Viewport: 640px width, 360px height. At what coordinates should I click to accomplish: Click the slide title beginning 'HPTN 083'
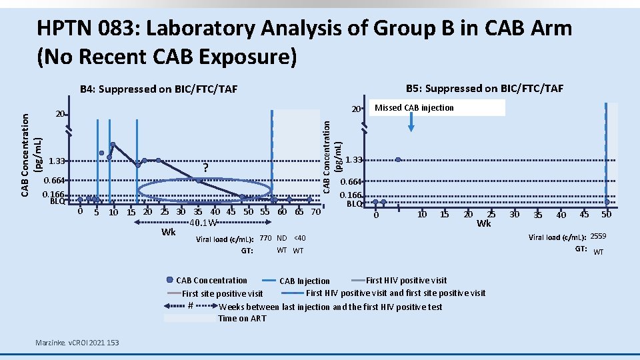tap(304, 41)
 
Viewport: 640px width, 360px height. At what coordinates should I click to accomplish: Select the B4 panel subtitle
tap(159, 89)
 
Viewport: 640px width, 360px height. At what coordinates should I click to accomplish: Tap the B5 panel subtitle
tap(485, 88)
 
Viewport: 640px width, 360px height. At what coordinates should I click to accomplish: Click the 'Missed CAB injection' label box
tap(414, 108)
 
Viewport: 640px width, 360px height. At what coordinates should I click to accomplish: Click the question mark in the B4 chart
tap(206, 167)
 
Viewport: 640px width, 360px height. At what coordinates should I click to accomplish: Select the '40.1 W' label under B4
tap(203, 223)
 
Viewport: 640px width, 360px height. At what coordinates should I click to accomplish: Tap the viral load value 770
tap(265, 239)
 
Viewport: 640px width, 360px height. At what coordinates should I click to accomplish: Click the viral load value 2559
tap(598, 237)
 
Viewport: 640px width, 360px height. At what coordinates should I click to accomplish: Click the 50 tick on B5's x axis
tap(606, 214)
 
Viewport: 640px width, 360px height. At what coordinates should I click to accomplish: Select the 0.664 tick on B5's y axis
tap(351, 182)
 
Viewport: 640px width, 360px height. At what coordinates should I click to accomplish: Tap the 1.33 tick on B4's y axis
tap(57, 161)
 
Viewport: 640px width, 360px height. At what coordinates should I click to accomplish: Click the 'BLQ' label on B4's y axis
tap(57, 201)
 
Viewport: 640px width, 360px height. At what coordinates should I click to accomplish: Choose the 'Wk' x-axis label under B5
tap(484, 223)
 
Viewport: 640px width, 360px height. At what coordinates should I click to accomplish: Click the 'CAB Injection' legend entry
tap(305, 281)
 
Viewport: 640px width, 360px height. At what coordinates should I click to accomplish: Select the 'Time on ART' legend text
tap(242, 318)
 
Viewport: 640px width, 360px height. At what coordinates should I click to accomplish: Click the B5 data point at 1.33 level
tap(398, 159)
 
